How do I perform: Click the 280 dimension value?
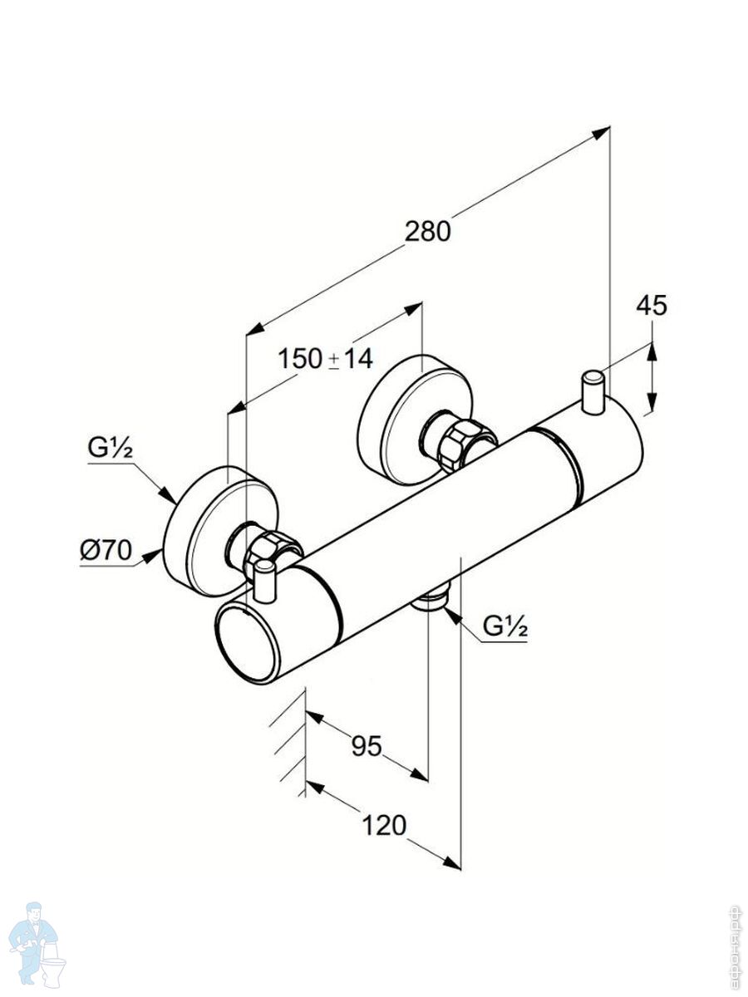coord(427,231)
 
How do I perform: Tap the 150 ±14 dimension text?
coord(325,359)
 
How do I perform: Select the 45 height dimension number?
coord(652,306)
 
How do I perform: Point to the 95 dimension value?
coord(365,746)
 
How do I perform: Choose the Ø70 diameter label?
coord(106,550)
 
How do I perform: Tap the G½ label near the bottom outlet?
coord(505,627)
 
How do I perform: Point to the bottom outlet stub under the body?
coord(431,599)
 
